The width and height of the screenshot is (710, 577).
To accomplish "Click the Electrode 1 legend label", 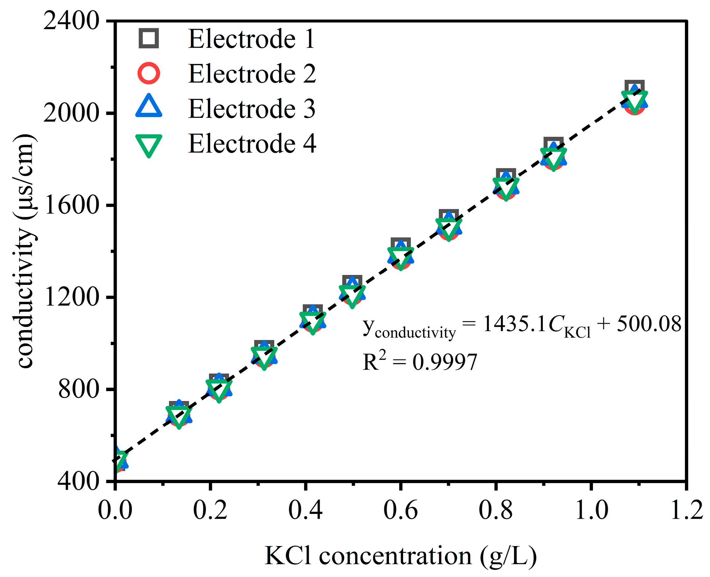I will click(251, 39).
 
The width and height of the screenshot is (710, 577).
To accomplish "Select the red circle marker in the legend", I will click(149, 73).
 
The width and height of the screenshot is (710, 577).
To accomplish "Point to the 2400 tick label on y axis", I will click(71, 21).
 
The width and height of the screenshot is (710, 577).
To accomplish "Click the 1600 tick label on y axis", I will click(71, 205).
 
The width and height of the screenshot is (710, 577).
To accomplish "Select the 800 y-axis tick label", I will click(79, 389).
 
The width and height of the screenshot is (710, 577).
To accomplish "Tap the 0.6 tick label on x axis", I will click(401, 510).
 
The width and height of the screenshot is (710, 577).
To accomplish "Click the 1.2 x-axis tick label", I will click(686, 510).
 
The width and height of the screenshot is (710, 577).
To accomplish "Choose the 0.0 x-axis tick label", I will click(115, 510).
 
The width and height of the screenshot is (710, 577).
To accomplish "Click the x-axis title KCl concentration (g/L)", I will click(401, 555).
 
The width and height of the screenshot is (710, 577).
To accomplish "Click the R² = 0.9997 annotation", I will click(420, 362).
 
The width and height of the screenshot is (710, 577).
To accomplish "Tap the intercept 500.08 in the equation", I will click(649, 324).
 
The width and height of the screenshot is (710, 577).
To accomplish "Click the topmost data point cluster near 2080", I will click(634, 98).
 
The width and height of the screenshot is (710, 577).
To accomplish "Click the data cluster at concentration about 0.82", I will click(506, 186).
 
